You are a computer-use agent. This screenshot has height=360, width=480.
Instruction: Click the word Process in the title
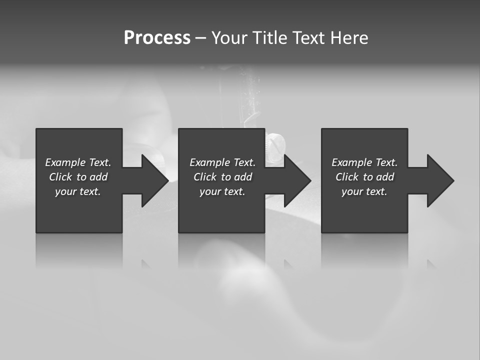point(157,38)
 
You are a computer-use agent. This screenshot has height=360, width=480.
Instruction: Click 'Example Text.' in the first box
point(78,162)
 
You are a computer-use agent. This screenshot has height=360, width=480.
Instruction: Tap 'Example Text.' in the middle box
point(222,162)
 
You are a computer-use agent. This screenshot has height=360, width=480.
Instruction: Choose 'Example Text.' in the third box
point(364,162)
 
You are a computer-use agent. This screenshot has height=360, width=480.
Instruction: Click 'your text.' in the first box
point(78,191)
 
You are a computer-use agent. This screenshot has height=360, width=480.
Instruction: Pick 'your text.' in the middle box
point(222,191)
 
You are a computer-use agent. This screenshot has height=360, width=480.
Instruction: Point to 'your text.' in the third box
point(364,191)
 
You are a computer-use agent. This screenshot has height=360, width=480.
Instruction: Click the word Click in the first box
point(60,177)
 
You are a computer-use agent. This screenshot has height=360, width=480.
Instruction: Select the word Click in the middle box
point(205,177)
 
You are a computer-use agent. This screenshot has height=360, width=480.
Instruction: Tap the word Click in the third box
point(347,177)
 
